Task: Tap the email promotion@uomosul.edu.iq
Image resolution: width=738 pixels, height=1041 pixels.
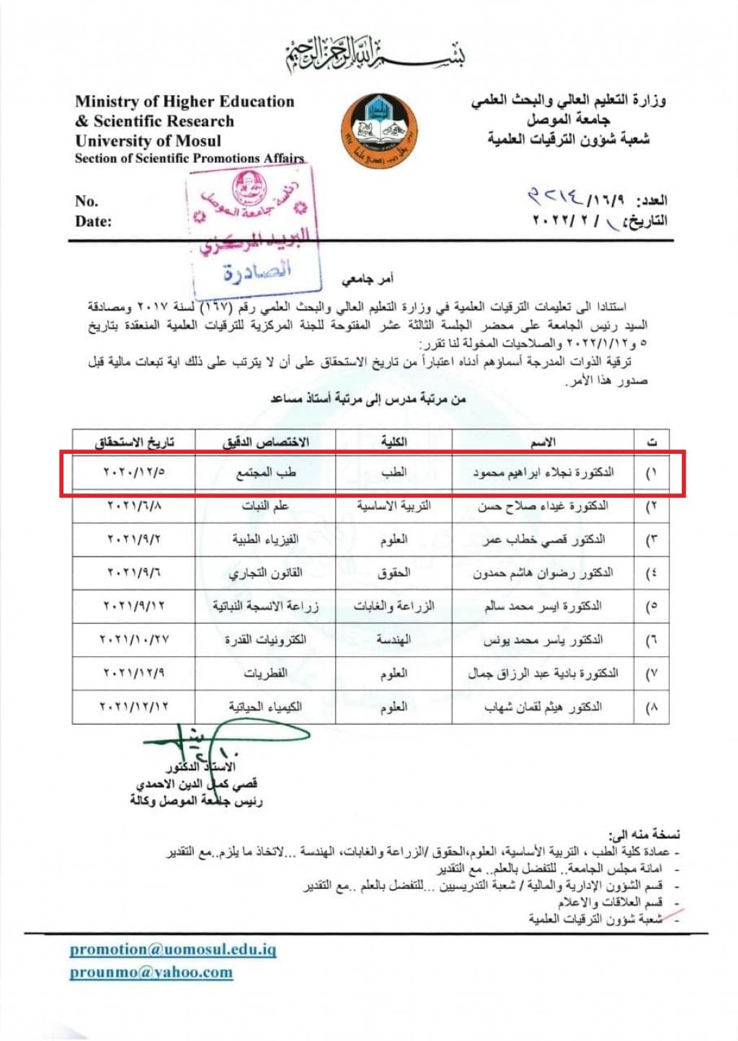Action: click(173, 950)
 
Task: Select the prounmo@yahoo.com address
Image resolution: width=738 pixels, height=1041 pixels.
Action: click(151, 973)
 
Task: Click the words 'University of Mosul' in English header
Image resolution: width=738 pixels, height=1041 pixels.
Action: click(148, 140)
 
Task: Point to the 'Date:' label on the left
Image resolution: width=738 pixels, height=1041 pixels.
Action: click(93, 221)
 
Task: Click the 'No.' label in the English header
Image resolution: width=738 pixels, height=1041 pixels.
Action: click(86, 201)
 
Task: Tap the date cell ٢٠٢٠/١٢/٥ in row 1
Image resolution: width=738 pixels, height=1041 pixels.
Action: click(134, 473)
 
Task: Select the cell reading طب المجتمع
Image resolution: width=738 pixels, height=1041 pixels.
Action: click(265, 473)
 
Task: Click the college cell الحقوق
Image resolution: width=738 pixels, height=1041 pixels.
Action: click(394, 573)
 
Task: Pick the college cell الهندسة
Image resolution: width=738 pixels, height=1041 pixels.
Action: click(394, 640)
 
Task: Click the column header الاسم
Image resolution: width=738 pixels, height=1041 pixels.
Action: click(543, 442)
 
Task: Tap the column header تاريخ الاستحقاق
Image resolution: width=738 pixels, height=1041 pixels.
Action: click(134, 442)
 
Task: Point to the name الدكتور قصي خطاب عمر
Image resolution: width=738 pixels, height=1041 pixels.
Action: click(544, 540)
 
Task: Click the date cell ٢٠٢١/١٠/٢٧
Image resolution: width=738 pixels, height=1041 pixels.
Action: click(134, 640)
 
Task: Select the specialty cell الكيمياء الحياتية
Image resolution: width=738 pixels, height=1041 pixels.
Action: click(265, 707)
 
